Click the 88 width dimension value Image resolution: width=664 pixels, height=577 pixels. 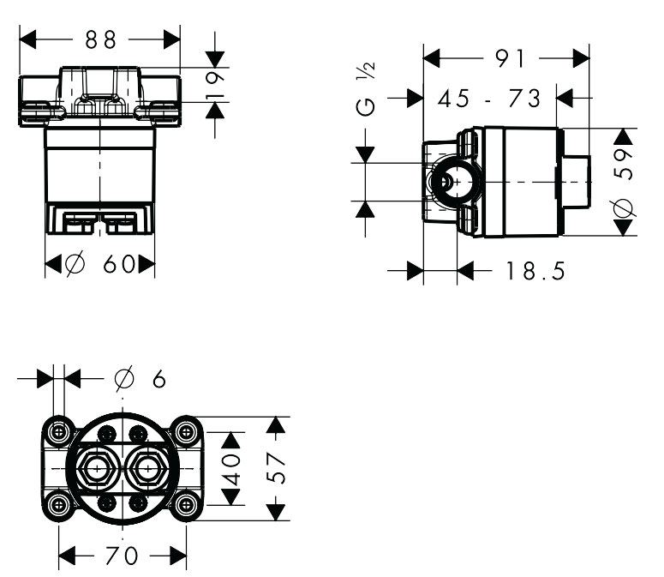point(100,40)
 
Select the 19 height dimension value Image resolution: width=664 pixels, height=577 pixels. point(215,86)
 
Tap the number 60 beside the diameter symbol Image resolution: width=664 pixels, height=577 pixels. point(119,264)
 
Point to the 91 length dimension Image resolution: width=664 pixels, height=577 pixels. point(510,58)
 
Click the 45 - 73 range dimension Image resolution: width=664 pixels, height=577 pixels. point(489,99)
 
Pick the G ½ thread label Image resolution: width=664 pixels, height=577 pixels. point(366,89)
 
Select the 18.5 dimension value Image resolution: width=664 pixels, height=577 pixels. point(535,271)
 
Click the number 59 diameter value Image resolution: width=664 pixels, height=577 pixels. point(624,164)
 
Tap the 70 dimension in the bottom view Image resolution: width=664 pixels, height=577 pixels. point(122,556)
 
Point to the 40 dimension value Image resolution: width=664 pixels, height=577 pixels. point(231,469)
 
